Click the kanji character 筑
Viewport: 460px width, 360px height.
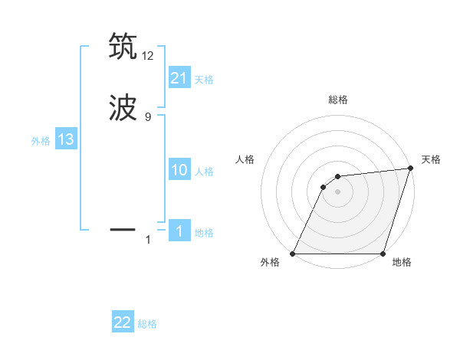pyautogui.click(x=123, y=47)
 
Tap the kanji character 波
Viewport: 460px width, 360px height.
pyautogui.click(x=123, y=108)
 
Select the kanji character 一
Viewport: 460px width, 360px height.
pyautogui.click(x=123, y=229)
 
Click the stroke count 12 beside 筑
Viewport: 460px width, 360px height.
pyautogui.click(x=148, y=55)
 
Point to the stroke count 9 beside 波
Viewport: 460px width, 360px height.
pyautogui.click(x=148, y=116)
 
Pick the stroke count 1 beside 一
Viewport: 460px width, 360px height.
pyautogui.click(x=148, y=240)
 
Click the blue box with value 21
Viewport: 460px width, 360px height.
pyautogui.click(x=179, y=78)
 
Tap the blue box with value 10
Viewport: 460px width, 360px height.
pyautogui.click(x=179, y=171)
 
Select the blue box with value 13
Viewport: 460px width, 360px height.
pyautogui.click(x=66, y=140)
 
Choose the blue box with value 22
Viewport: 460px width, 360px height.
pyautogui.click(x=123, y=323)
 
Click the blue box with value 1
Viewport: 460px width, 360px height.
pyautogui.click(x=179, y=231)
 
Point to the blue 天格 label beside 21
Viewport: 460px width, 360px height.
pyautogui.click(x=204, y=80)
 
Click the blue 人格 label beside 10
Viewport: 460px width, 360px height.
pyautogui.click(x=204, y=172)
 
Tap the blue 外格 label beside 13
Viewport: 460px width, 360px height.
pyautogui.click(x=41, y=141)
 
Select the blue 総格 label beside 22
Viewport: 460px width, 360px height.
pyautogui.click(x=147, y=324)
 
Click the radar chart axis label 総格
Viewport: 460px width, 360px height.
pyautogui.click(x=338, y=100)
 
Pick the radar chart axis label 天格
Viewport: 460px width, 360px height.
pyautogui.click(x=432, y=159)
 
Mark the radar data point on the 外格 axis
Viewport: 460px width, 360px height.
pyautogui.click(x=293, y=254)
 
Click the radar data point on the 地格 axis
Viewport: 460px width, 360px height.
pyautogui.click(x=383, y=254)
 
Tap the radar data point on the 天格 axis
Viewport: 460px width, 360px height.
pyautogui.click(x=411, y=168)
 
